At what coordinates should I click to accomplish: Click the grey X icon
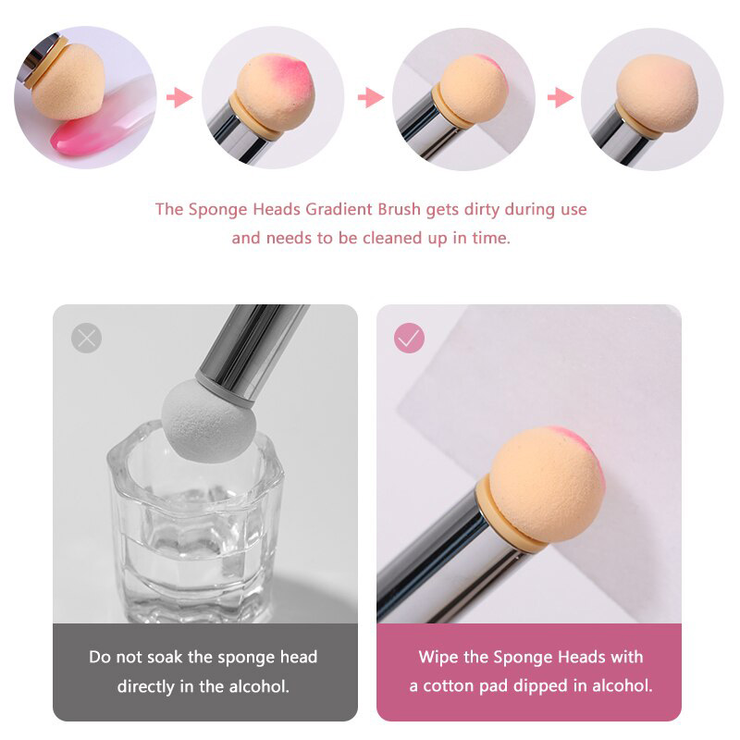pyautogui.click(x=86, y=338)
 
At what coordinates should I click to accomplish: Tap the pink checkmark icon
pyautogui.click(x=409, y=338)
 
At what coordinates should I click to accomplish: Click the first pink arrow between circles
pyautogui.click(x=179, y=97)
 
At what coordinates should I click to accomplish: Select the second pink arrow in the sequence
pyautogui.click(x=371, y=98)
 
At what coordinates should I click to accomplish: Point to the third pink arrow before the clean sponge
pyautogui.click(x=561, y=98)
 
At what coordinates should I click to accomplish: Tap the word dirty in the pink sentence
pyautogui.click(x=481, y=210)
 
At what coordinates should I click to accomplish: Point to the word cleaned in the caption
pyautogui.click(x=393, y=238)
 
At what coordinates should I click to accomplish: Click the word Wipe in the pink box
pyautogui.click(x=438, y=657)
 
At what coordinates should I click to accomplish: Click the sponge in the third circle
pyautogui.click(x=473, y=90)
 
